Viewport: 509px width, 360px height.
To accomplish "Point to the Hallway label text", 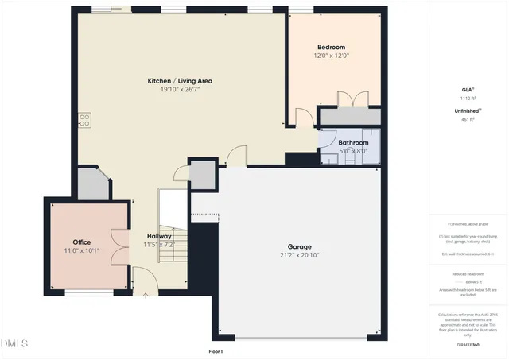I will (158, 236).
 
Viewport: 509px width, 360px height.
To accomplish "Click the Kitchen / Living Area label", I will (180, 81).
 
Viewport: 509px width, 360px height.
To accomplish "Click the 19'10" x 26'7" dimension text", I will (180, 90).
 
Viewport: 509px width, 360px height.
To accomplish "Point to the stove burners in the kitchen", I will (84, 120).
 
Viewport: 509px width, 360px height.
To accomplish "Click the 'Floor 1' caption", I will (216, 350).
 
